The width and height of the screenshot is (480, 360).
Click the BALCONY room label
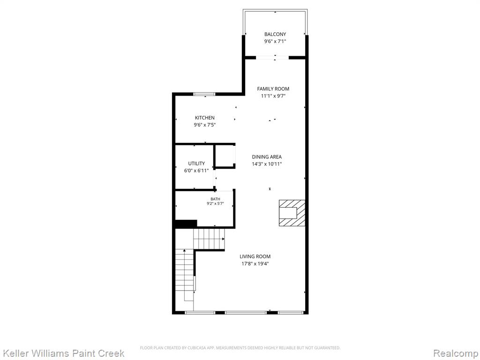tap(275, 34)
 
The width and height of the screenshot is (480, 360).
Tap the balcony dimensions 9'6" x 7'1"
tap(275, 41)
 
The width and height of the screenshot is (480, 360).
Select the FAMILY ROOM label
tap(273, 89)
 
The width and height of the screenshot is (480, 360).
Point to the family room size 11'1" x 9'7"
tap(273, 96)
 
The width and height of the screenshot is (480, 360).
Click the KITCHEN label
tap(205, 118)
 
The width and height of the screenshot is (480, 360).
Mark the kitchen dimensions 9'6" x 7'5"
tap(205, 125)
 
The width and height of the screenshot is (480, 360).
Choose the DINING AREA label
tap(267, 157)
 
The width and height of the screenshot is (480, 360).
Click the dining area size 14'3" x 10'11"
tap(267, 164)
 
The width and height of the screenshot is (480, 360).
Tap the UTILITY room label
tap(196, 164)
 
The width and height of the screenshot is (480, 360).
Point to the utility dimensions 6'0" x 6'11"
tap(196, 171)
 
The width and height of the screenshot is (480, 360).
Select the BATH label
tap(215, 199)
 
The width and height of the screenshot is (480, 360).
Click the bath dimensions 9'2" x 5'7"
tap(215, 203)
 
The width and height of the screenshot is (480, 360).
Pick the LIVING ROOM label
tap(255, 256)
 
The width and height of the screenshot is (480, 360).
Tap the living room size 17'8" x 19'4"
tap(255, 263)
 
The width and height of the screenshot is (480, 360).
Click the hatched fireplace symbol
tap(292, 213)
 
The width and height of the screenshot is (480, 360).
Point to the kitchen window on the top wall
tap(204, 94)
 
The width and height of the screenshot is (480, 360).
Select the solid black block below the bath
tap(186, 224)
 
